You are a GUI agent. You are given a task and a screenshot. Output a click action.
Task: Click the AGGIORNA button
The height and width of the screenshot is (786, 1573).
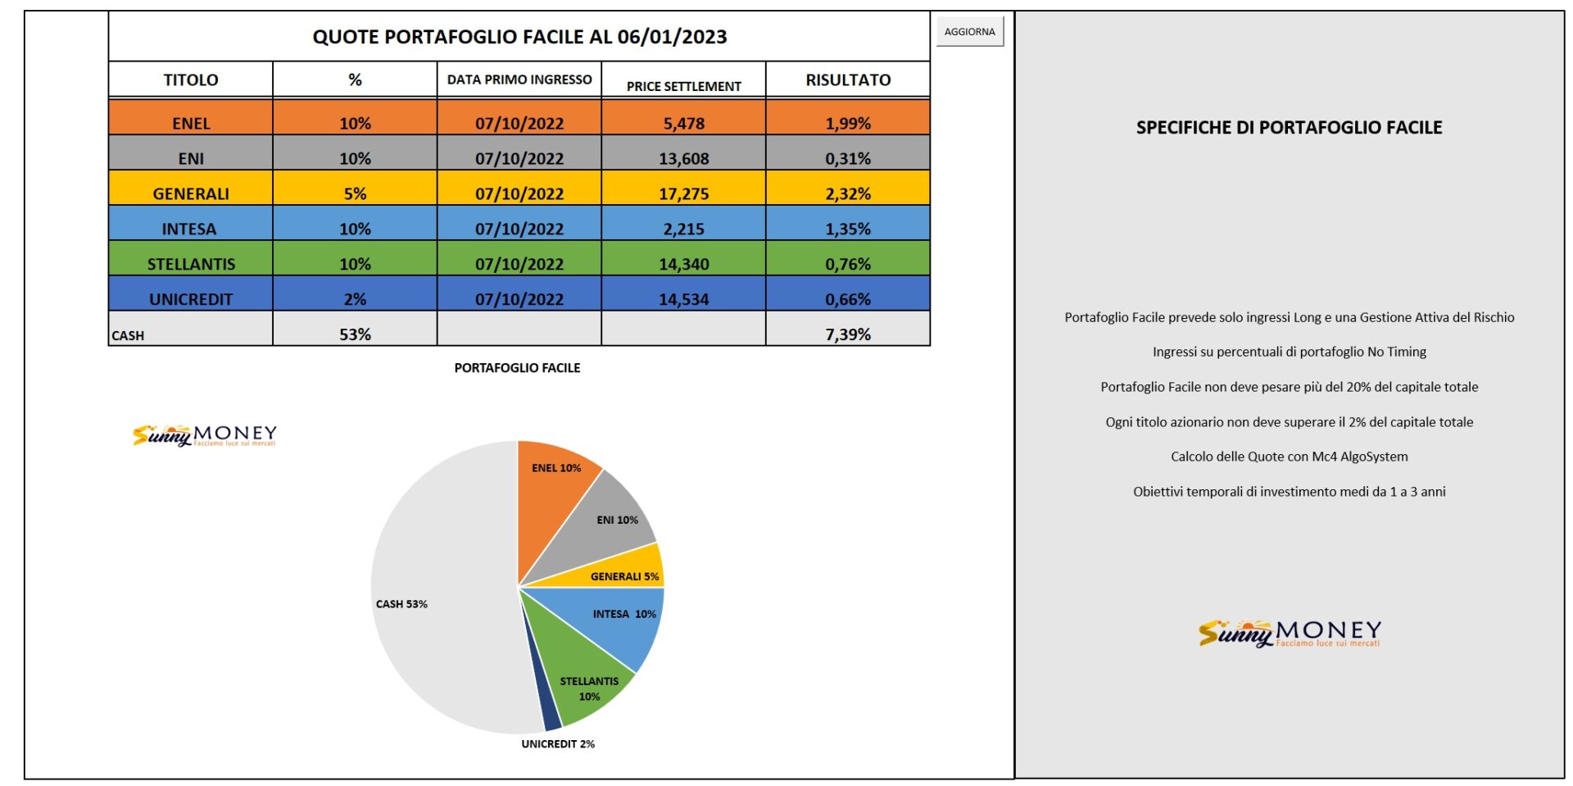click(969, 32)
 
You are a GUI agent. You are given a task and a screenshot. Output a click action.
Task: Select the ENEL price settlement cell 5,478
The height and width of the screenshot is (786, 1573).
click(684, 117)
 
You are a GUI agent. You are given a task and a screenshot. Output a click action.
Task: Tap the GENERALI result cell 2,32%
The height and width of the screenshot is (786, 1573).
click(848, 188)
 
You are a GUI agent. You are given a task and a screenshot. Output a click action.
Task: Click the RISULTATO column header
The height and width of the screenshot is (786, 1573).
click(848, 80)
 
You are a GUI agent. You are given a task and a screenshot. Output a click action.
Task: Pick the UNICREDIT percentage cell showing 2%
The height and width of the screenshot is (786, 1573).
click(355, 293)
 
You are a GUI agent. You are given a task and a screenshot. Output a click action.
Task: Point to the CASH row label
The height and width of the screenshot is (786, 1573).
click(128, 335)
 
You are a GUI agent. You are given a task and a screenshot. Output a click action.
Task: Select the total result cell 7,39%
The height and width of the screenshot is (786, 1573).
click(848, 329)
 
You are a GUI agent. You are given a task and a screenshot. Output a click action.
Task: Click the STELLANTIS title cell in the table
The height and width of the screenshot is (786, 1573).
click(191, 258)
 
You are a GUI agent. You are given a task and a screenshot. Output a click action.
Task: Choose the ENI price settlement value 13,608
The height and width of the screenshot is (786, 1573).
click(684, 152)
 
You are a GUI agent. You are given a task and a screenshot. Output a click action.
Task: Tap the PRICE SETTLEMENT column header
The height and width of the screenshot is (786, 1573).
click(684, 86)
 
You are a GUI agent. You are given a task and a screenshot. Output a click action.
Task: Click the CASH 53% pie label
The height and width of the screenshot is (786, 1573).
click(401, 604)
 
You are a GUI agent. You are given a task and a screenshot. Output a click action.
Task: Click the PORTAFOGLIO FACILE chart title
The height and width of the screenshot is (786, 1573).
click(517, 368)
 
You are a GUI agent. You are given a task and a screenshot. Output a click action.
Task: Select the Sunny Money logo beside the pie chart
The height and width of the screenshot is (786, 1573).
click(205, 435)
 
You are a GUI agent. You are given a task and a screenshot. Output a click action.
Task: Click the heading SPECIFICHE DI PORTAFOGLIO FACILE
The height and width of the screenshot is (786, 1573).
click(1289, 127)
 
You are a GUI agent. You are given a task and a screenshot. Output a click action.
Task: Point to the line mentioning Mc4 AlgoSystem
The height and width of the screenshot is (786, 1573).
click(1289, 457)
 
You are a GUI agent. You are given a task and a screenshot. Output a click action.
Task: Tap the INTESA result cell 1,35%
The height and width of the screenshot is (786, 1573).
click(848, 223)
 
